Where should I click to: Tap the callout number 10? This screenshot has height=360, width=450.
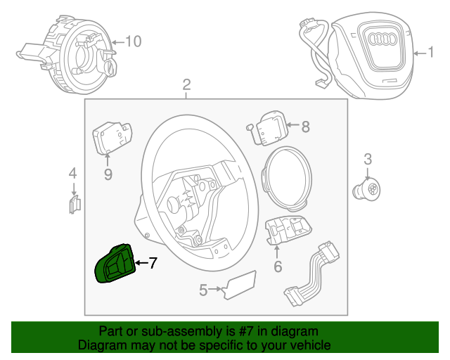pos(133,41)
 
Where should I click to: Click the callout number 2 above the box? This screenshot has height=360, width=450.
pos(186,85)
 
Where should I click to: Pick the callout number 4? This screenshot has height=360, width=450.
pos(72,173)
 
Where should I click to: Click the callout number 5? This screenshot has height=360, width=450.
pos(203,289)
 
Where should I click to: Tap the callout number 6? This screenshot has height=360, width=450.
pos(278,266)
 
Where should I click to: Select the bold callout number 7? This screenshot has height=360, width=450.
pos(153,263)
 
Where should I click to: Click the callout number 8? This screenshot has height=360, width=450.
pos(305,127)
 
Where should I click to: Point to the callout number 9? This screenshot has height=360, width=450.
pos(108,174)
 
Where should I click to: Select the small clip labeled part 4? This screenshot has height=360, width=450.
pos(75,204)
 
